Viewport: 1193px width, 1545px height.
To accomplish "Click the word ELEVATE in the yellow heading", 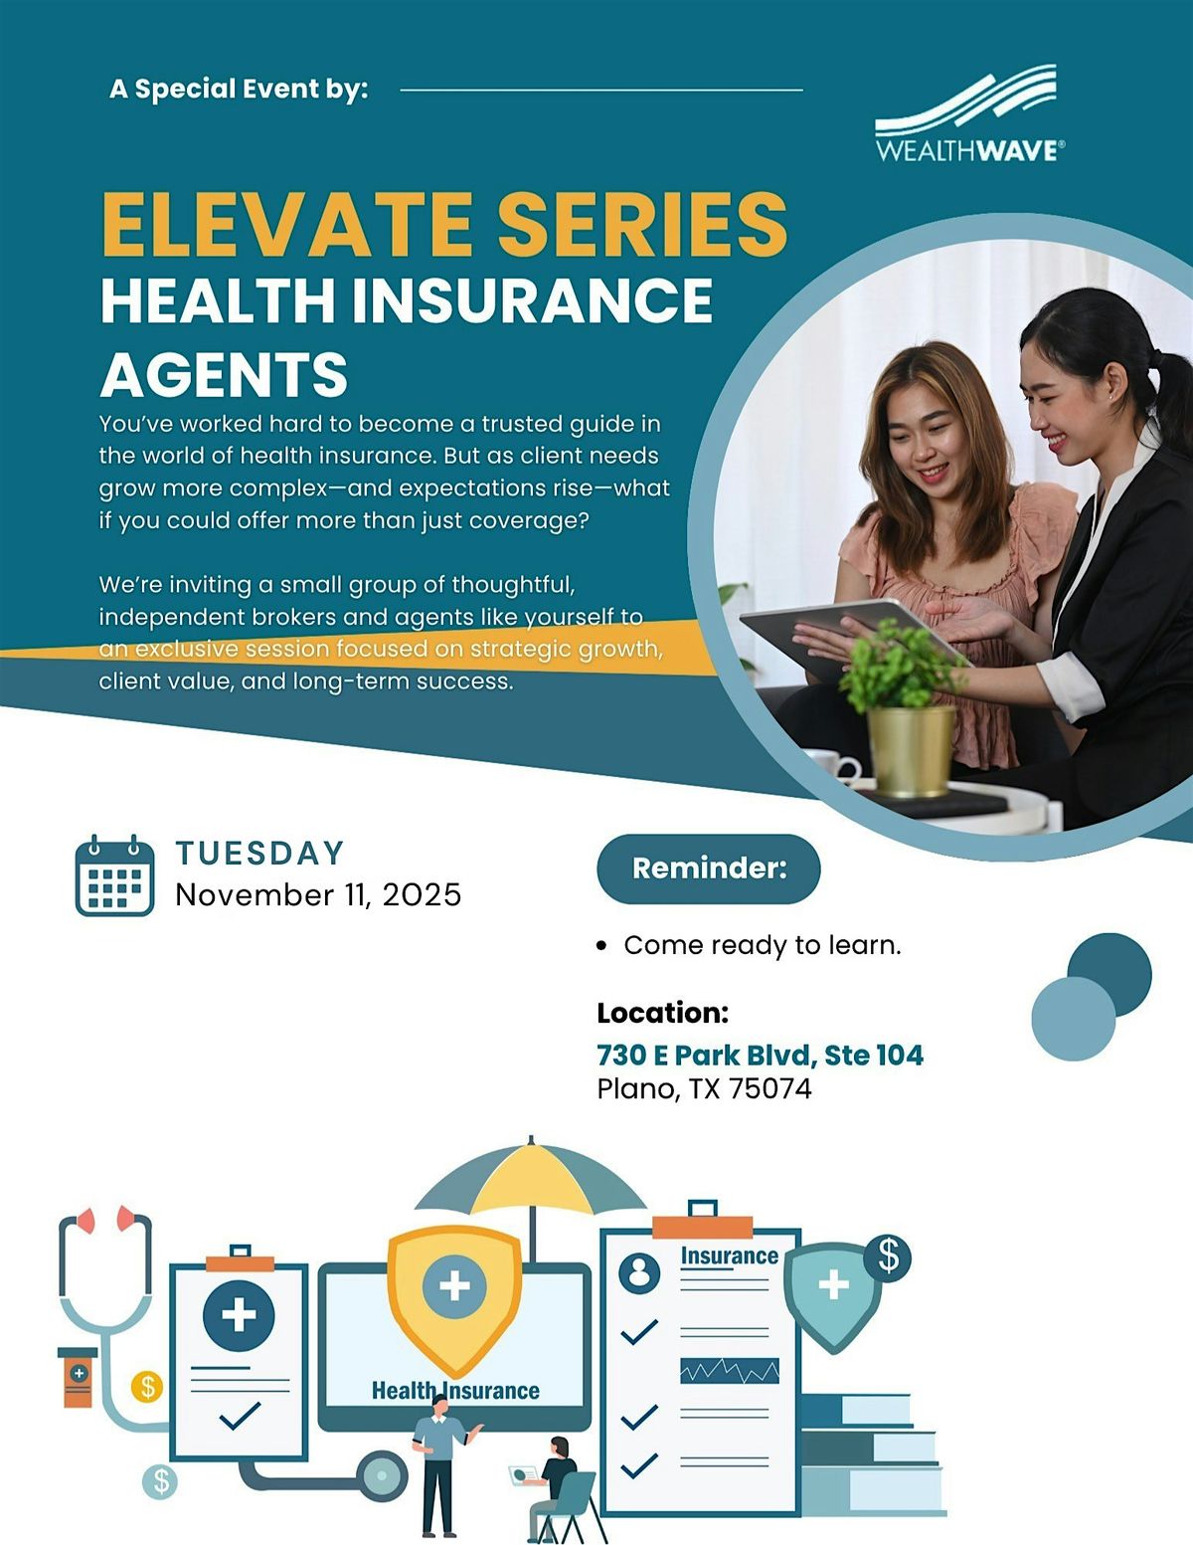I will (x=286, y=225).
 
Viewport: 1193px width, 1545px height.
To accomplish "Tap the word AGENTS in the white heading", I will (x=224, y=375).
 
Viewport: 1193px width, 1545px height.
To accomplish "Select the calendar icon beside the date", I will (x=115, y=875).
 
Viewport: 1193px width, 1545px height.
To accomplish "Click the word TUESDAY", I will (x=260, y=853).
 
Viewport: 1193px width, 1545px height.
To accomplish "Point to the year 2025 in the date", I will (x=422, y=894).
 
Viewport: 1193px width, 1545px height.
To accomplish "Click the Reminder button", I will (x=709, y=869).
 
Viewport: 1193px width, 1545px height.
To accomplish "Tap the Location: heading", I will (x=662, y=1013).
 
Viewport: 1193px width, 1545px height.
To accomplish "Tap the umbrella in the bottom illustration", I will (x=530, y=1184).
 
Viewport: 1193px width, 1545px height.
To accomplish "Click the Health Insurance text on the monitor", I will (x=455, y=1390).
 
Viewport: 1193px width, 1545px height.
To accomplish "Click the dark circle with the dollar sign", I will (x=887, y=1256).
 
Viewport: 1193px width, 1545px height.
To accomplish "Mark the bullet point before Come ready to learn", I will (x=601, y=946).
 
